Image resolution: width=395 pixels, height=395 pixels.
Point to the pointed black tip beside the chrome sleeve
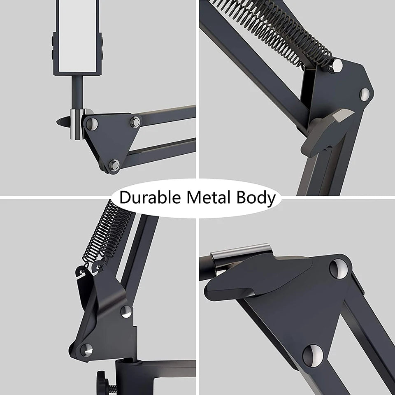point(63,122)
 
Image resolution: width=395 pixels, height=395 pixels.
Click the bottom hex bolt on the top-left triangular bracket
point(114,165)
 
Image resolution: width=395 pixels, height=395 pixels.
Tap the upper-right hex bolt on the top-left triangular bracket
point(136,122)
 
